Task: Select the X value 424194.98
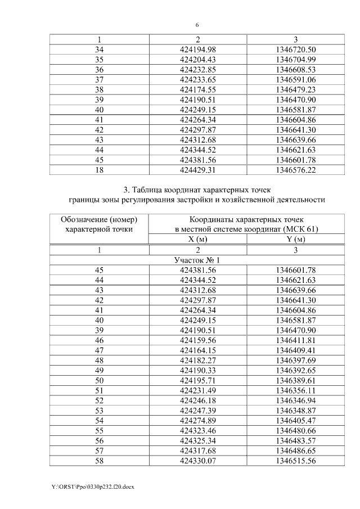click(197, 50)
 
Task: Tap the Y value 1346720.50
click(296, 50)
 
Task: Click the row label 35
click(99, 60)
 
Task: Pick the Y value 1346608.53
click(296, 70)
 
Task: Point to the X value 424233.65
click(197, 80)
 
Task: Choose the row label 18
click(99, 169)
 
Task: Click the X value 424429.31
click(197, 169)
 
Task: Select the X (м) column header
click(197, 239)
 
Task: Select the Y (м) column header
click(296, 239)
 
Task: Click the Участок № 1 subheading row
click(197, 260)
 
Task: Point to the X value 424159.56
click(197, 340)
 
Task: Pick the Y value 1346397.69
click(296, 360)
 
